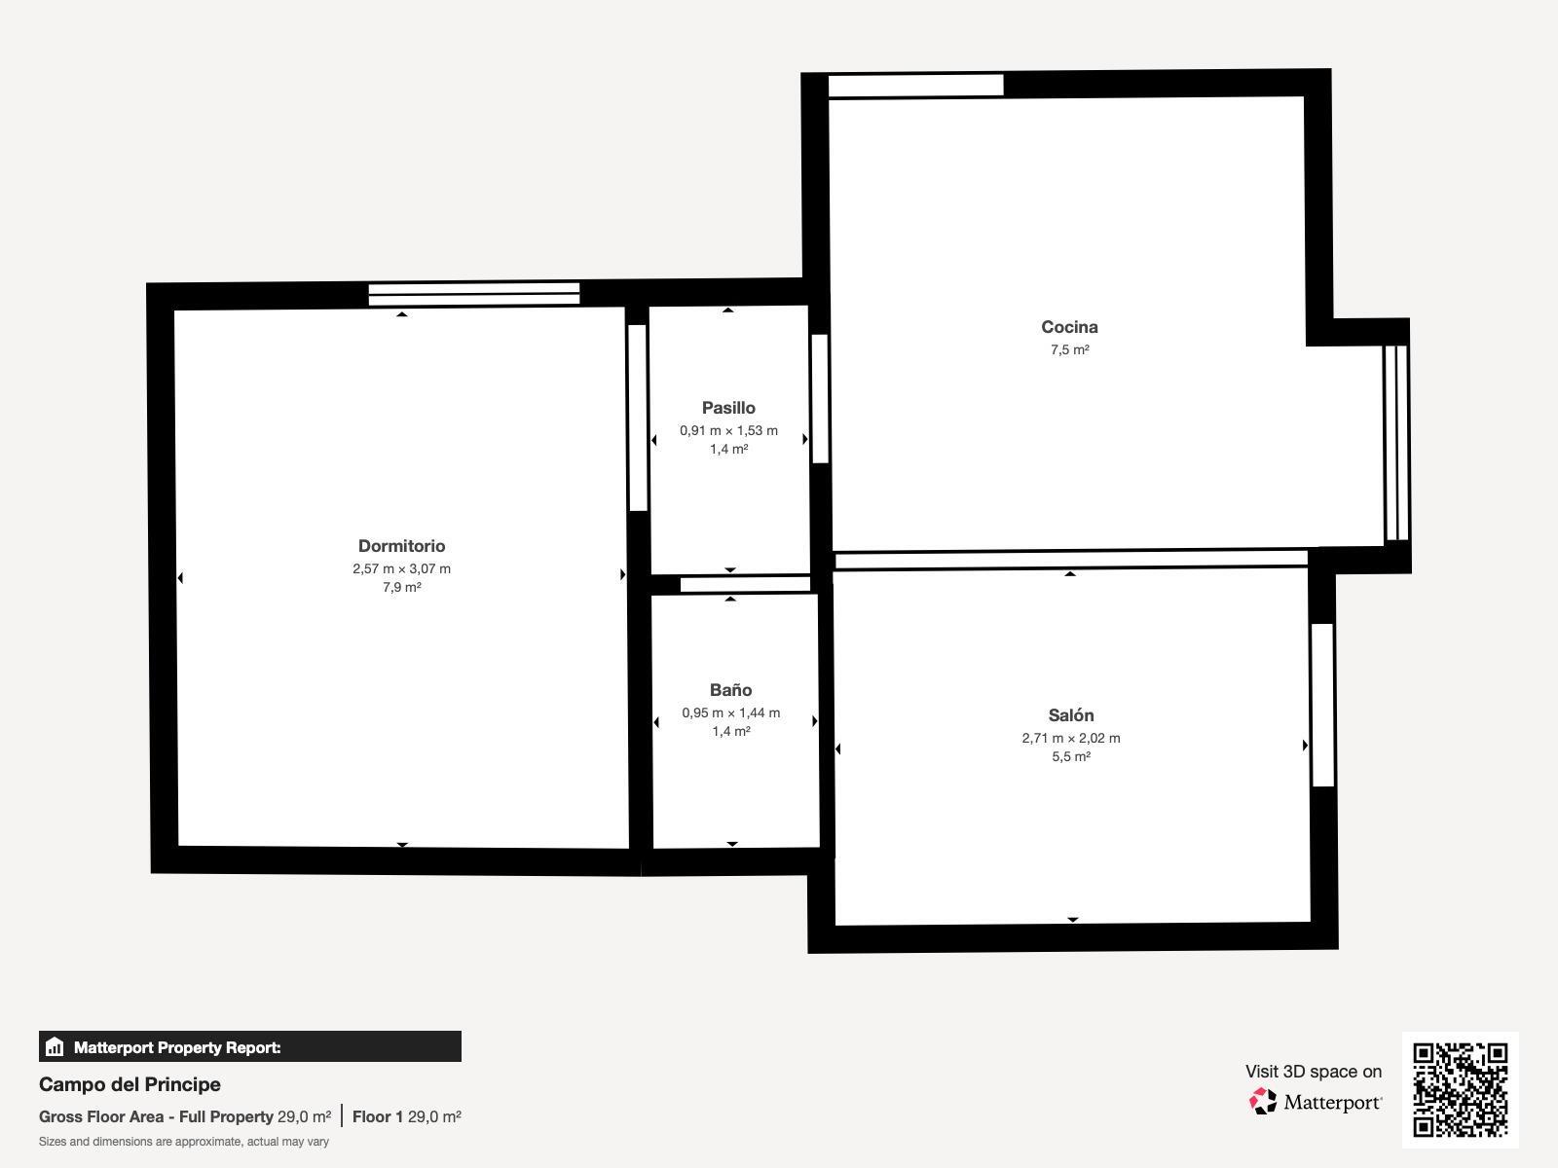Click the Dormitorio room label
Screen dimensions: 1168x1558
click(401, 546)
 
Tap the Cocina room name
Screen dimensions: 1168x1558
click(1069, 327)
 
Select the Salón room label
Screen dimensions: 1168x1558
click(1071, 715)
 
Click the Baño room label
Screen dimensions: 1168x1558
click(730, 690)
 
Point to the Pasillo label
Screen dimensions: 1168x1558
click(728, 408)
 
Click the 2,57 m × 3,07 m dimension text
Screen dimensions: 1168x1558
click(401, 568)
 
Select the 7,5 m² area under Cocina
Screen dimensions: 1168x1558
click(1069, 350)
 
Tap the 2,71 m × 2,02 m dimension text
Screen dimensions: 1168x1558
click(1071, 738)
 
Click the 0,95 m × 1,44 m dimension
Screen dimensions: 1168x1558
click(730, 712)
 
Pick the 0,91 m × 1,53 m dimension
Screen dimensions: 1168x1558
click(728, 430)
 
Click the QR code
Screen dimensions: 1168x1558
click(1460, 1089)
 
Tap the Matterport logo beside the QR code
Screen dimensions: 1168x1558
click(1316, 1102)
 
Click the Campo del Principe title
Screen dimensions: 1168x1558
click(130, 1084)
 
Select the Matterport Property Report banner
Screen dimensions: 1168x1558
click(249, 1047)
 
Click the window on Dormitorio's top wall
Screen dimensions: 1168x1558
click(473, 294)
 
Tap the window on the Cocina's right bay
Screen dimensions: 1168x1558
click(1396, 443)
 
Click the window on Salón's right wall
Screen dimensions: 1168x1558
click(1321, 705)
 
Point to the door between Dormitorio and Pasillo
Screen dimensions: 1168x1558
click(638, 418)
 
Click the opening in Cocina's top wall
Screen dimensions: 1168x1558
click(915, 86)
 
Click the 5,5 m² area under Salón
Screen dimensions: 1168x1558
click(1071, 756)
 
